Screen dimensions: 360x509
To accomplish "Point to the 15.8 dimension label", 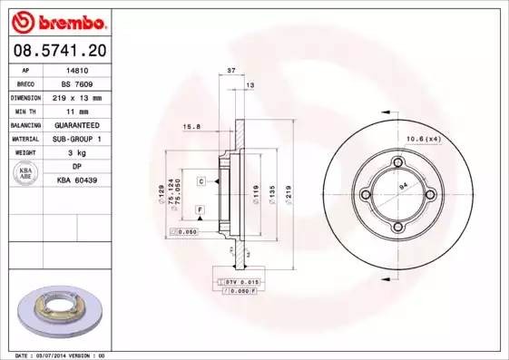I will (x=191, y=126).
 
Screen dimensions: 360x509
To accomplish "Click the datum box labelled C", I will (x=201, y=182).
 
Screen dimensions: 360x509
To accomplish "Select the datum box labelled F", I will (x=199, y=209).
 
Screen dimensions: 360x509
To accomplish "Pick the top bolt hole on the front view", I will (x=396, y=162).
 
